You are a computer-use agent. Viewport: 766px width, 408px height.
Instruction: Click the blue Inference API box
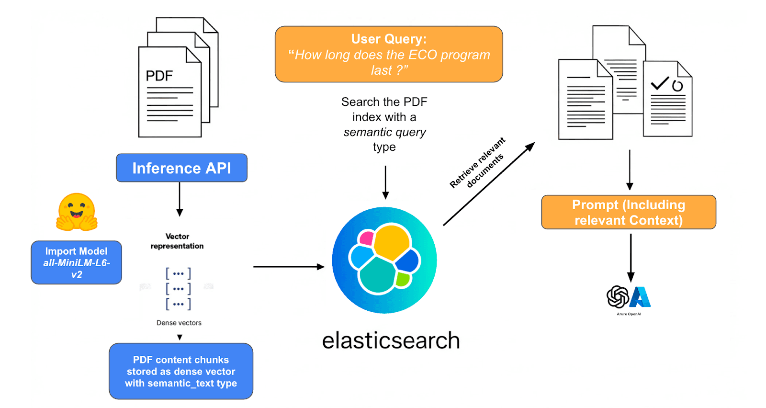181,168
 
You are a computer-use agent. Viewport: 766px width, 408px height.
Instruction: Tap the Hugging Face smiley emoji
77,212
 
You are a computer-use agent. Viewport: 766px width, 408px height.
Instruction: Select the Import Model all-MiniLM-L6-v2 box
77,262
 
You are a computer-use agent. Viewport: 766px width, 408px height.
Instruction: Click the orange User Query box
389,54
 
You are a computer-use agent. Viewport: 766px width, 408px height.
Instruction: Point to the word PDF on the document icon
159,76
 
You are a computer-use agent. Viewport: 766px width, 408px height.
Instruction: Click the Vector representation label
177,241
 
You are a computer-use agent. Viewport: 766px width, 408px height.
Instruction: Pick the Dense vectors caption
179,323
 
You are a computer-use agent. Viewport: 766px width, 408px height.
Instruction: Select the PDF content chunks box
181,371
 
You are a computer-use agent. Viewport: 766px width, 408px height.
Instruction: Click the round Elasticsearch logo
384,260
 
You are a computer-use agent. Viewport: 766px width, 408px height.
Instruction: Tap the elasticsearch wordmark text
391,340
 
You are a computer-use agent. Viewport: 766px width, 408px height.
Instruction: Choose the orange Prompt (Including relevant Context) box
629,212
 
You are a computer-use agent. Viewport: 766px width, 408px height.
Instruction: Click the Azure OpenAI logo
629,297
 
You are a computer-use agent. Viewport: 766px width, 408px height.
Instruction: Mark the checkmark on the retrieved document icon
660,83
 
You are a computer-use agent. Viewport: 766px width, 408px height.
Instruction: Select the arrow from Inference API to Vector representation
180,199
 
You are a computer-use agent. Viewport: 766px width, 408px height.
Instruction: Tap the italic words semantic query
384,132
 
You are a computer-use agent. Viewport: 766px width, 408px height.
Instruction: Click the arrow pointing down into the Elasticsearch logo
385,182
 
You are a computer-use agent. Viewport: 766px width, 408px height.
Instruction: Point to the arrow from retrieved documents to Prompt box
630,170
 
